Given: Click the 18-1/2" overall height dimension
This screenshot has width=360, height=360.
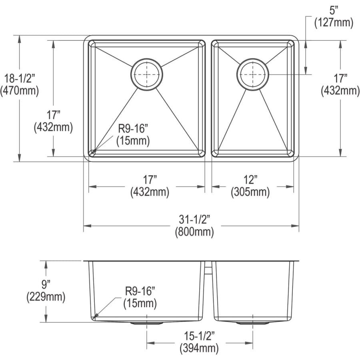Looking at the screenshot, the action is (x=20, y=79).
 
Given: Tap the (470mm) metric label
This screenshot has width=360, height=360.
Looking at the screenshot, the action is (x=20, y=91).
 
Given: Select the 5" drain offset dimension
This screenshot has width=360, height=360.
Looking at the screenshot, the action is (x=334, y=11).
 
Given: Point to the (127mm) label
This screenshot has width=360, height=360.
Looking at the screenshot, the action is (x=334, y=23).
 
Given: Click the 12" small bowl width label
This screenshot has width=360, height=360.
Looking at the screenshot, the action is (x=250, y=180).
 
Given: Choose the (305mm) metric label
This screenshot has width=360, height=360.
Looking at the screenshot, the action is (x=250, y=192).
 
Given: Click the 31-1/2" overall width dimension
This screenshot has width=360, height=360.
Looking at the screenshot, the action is (x=194, y=220).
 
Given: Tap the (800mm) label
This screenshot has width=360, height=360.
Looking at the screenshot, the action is (x=194, y=232).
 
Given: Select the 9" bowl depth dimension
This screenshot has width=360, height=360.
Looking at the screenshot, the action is (x=46, y=285).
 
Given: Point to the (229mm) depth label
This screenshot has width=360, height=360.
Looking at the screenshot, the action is (x=46, y=297).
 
